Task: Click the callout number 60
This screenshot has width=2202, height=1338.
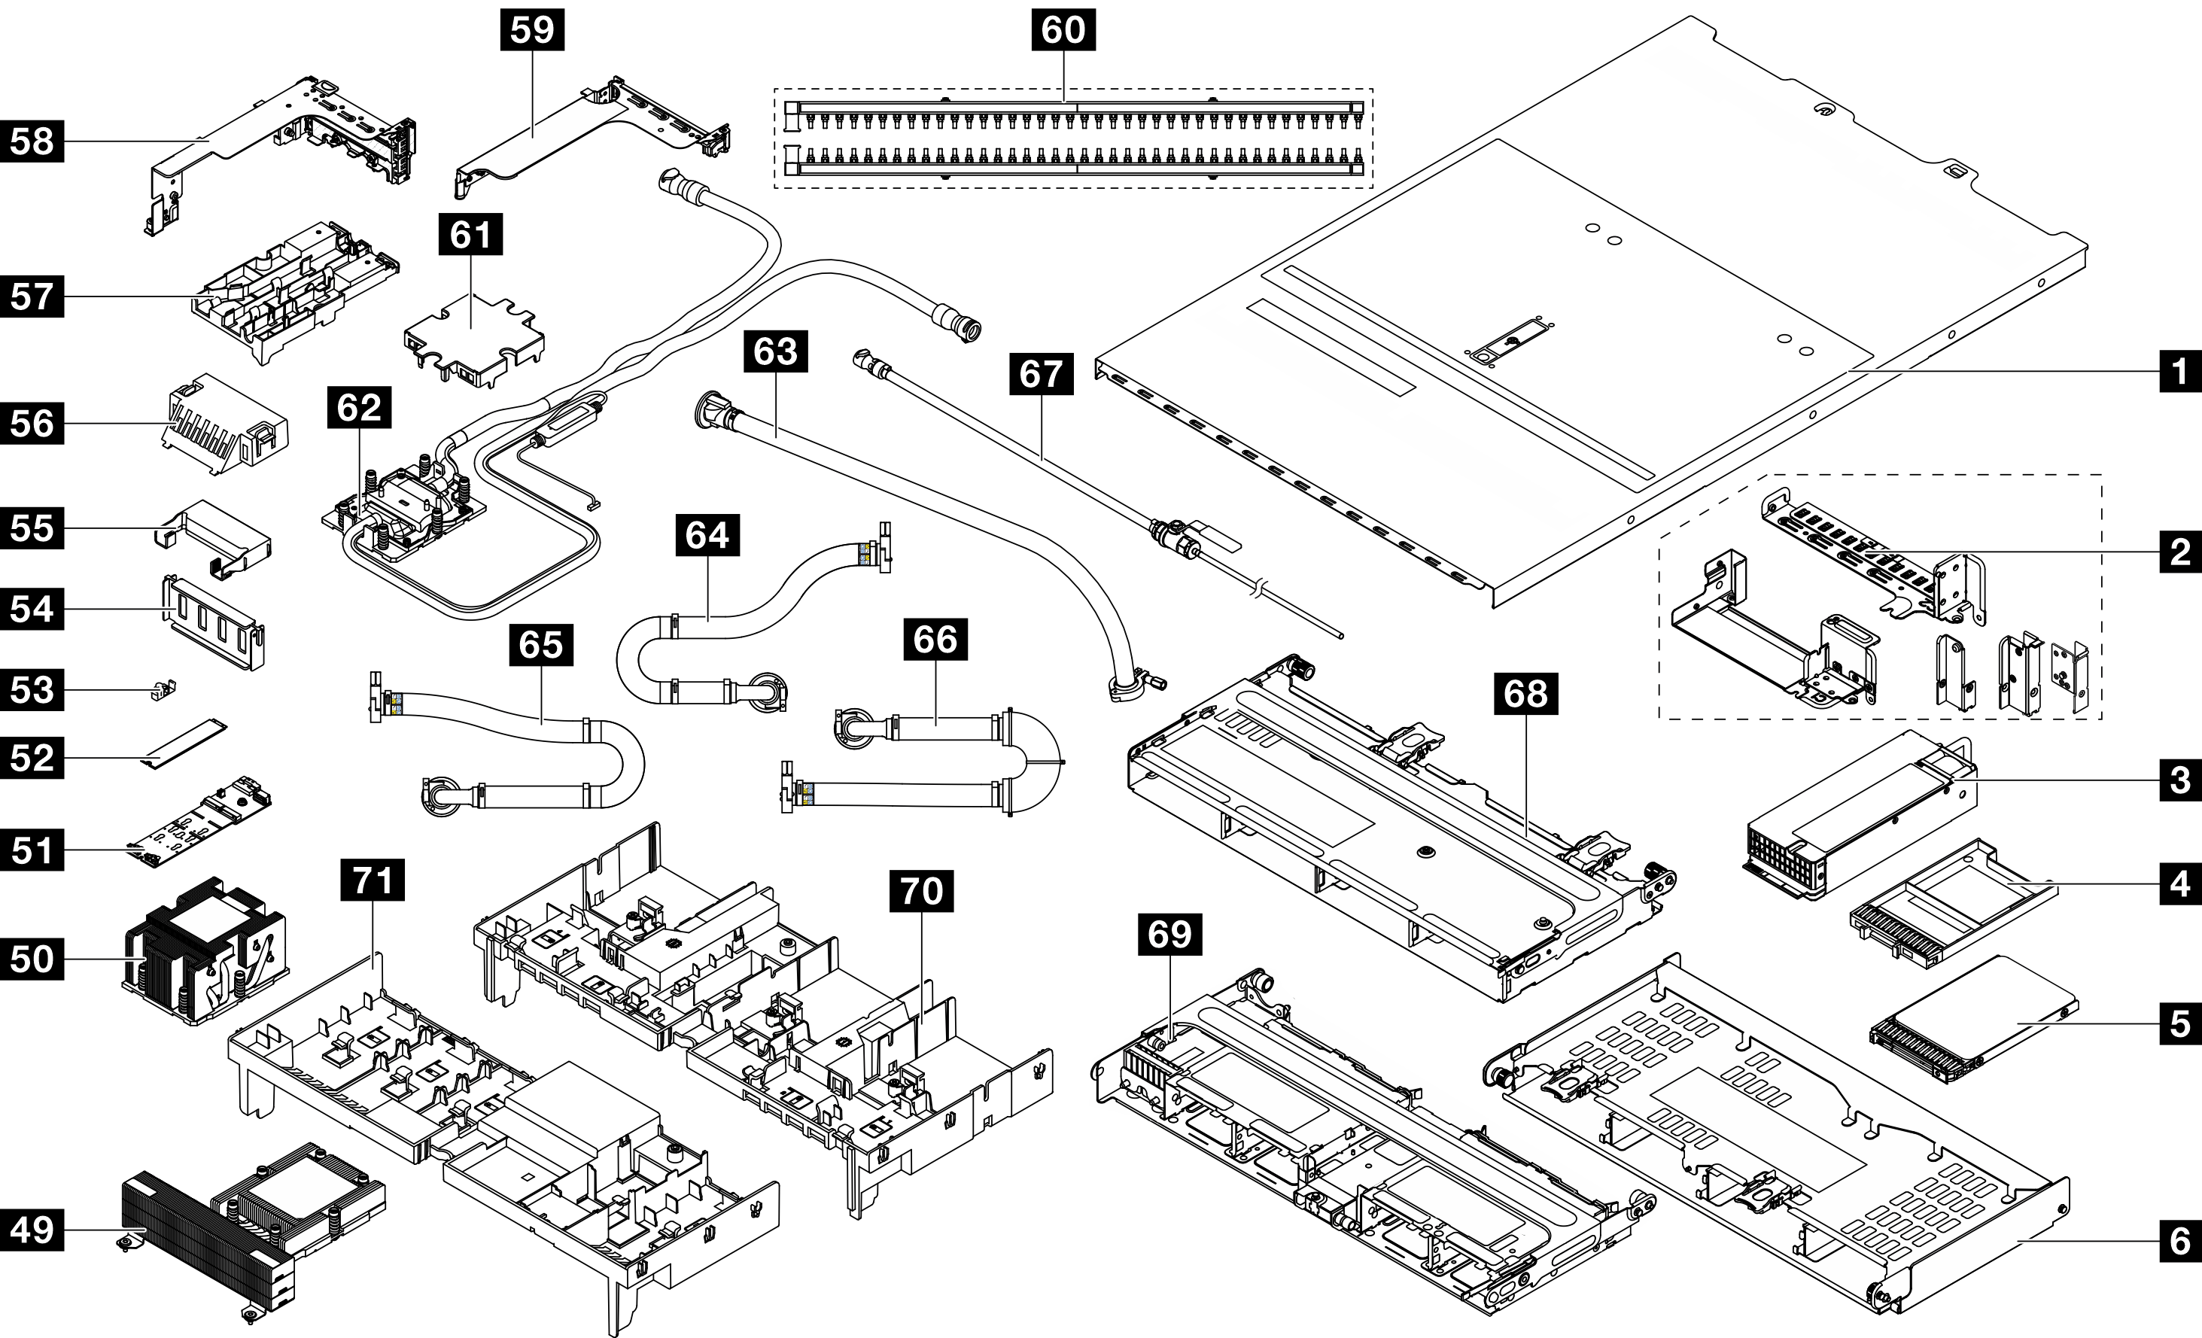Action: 1063,29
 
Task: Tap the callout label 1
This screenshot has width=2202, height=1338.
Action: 2179,370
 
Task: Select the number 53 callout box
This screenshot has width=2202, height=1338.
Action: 32,690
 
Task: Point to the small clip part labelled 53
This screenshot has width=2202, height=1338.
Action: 163,691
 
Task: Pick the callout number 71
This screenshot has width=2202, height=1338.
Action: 373,880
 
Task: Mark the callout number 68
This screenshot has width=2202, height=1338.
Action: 1525,692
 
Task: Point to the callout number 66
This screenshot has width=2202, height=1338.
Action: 935,639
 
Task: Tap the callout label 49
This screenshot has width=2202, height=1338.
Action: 32,1230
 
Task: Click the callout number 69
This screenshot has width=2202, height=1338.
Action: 1169,934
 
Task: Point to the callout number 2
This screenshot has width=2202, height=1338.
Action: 2179,552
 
